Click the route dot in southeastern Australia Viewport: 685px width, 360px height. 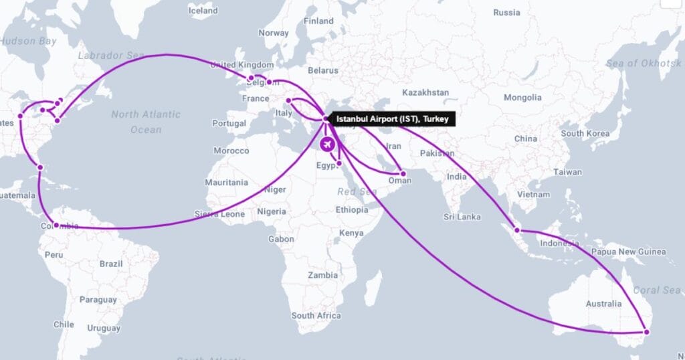pyautogui.click(x=646, y=332)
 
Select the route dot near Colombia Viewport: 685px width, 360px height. pyautogui.click(x=56, y=226)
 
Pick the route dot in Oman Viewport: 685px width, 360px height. pyautogui.click(x=403, y=173)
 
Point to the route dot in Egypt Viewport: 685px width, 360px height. pyautogui.click(x=340, y=163)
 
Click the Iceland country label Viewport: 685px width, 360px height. pyautogui.click(x=203, y=11)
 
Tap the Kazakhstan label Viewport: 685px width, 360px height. pyautogui.click(x=425, y=92)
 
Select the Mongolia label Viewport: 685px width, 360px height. pyautogui.click(x=522, y=98)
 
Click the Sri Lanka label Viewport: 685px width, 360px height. pyautogui.click(x=462, y=217)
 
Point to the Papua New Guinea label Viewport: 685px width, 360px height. pyautogui.click(x=628, y=252)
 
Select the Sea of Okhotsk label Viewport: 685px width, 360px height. pyautogui.click(x=643, y=63)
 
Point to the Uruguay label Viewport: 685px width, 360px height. pyautogui.click(x=103, y=329)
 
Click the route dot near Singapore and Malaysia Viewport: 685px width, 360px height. pyautogui.click(x=517, y=230)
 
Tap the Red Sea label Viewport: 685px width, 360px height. pyautogui.click(x=353, y=191)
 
